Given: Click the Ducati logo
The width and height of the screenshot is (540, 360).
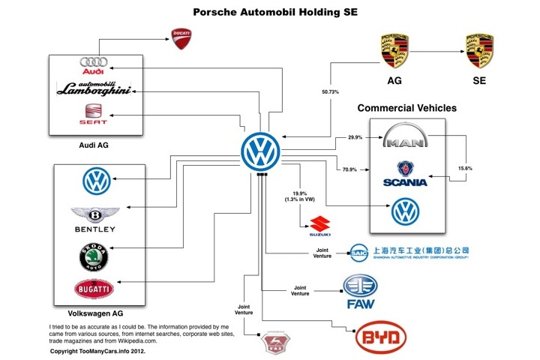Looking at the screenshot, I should tap(182, 36).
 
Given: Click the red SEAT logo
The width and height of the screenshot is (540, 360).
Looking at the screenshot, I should tap(94, 114).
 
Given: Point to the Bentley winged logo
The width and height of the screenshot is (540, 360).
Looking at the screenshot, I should tap(94, 218).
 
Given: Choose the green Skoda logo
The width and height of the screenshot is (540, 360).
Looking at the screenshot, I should tap(94, 256).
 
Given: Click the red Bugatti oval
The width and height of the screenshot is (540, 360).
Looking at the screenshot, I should tap(94, 289).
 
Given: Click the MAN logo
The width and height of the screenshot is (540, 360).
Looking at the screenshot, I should tap(407, 139).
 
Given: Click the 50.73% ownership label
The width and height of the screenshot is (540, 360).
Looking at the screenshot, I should tap(329, 91).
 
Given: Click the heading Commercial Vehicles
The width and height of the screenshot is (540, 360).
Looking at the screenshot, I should tap(406, 108).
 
